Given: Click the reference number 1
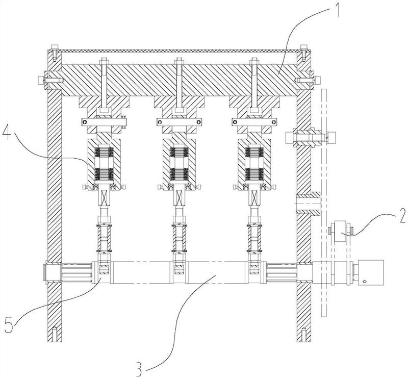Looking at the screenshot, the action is click(336, 9).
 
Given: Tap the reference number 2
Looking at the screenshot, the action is click(402, 216).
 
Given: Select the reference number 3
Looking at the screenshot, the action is click(139, 368).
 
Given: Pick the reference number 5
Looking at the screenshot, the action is click(10, 323).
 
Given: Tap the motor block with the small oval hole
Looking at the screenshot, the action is click(371, 272).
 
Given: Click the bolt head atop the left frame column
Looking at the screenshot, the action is click(55, 47).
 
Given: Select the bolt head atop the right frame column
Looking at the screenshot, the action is click(303, 47).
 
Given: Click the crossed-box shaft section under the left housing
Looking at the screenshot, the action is click(104, 197).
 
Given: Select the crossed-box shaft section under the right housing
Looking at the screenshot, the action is click(253, 197).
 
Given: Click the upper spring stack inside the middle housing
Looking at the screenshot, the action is click(179, 153).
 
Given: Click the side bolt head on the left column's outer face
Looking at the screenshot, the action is click(40, 80).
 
